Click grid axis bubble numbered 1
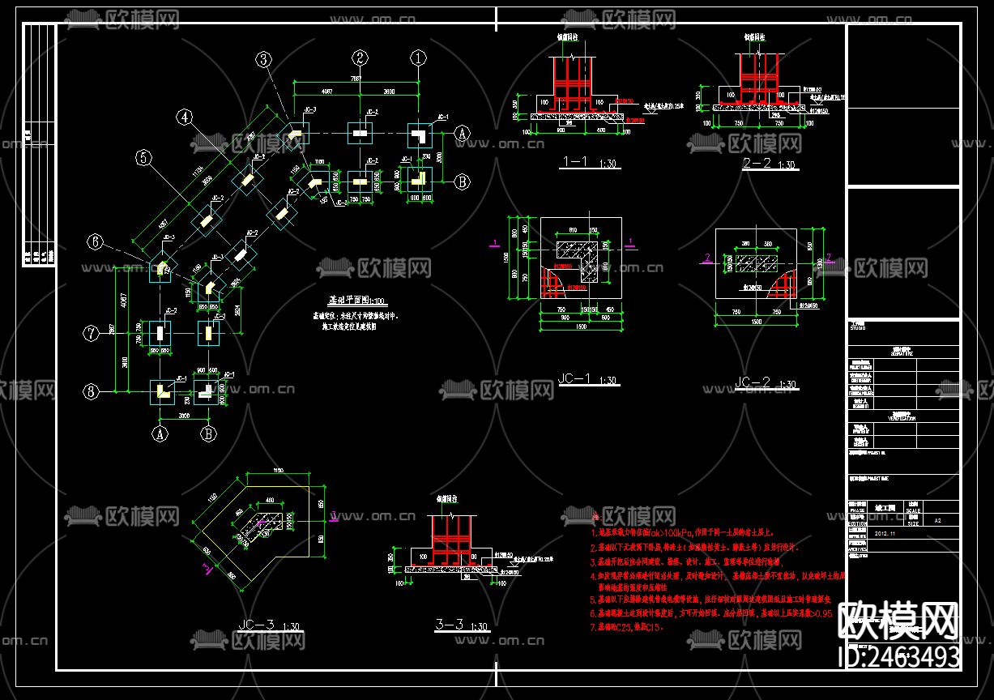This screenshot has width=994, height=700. [418, 58]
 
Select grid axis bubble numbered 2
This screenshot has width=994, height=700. [360, 58]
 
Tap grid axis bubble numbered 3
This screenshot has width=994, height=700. [265, 58]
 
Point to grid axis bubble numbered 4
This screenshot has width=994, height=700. [186, 117]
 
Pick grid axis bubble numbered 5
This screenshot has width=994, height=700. [144, 159]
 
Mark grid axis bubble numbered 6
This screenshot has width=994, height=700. [96, 241]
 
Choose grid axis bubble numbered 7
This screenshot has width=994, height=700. [92, 332]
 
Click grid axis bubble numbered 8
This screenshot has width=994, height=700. [92, 391]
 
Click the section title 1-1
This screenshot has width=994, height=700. [574, 162]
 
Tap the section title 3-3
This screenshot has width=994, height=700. [450, 625]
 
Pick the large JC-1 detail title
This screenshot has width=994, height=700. [576, 378]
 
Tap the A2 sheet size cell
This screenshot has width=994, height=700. [938, 522]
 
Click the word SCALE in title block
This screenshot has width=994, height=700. [914, 510]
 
